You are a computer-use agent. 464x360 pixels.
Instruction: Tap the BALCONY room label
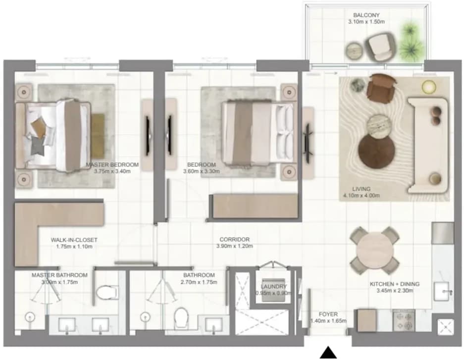click(x=366, y=15)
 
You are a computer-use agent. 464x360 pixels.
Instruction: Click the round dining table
click(x=375, y=251)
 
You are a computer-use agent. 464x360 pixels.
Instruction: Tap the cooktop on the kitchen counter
click(x=403, y=321)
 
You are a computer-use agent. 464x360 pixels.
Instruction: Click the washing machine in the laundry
click(x=273, y=291)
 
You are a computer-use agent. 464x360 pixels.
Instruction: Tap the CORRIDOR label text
click(x=234, y=239)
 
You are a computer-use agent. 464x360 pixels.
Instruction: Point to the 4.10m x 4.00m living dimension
click(x=361, y=196)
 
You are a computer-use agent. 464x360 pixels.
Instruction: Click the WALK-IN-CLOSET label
click(x=74, y=240)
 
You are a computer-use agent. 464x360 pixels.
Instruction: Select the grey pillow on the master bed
click(x=38, y=146)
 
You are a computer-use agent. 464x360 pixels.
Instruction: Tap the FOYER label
click(x=328, y=314)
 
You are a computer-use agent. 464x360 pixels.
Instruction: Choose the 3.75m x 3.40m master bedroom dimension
click(x=112, y=171)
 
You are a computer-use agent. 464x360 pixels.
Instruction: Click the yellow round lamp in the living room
click(x=429, y=87)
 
